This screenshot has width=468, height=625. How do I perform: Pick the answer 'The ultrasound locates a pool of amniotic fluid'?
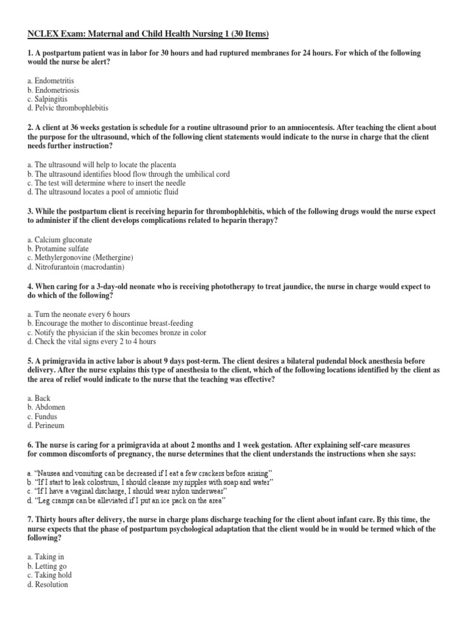pos(103,192)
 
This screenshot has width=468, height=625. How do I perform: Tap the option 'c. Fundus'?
pos(44,416)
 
